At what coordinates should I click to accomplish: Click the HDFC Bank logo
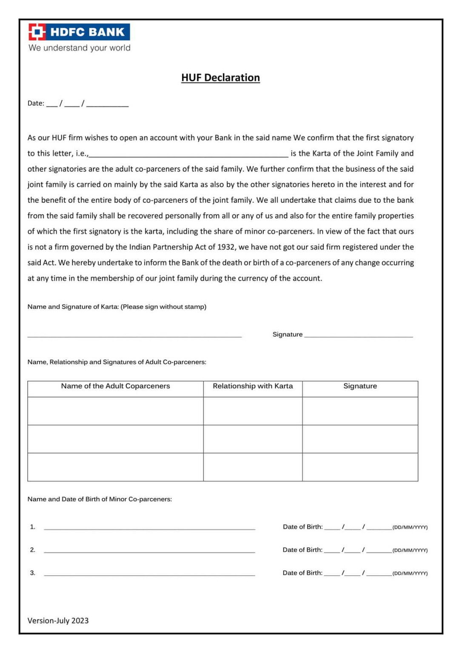(x=79, y=32)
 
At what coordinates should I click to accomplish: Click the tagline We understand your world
(x=80, y=48)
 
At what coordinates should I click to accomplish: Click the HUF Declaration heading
(x=220, y=78)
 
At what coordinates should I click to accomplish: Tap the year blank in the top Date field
(x=107, y=104)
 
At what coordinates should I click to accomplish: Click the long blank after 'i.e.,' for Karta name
(x=188, y=154)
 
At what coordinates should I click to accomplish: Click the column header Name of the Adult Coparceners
(x=115, y=386)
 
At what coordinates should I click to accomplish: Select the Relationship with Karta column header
(x=253, y=386)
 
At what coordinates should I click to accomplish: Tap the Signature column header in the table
(x=360, y=386)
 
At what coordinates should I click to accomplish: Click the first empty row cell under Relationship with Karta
(x=253, y=411)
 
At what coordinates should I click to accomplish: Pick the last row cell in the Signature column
(x=360, y=467)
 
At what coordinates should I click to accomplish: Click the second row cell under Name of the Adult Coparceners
(x=115, y=439)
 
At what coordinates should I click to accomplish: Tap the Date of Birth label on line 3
(x=302, y=573)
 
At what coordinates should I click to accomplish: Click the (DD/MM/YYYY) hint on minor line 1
(x=410, y=527)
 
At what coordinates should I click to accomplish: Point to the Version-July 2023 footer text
(x=58, y=621)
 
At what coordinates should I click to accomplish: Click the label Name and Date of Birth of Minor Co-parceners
(x=100, y=499)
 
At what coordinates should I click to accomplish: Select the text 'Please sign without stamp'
(x=163, y=307)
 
